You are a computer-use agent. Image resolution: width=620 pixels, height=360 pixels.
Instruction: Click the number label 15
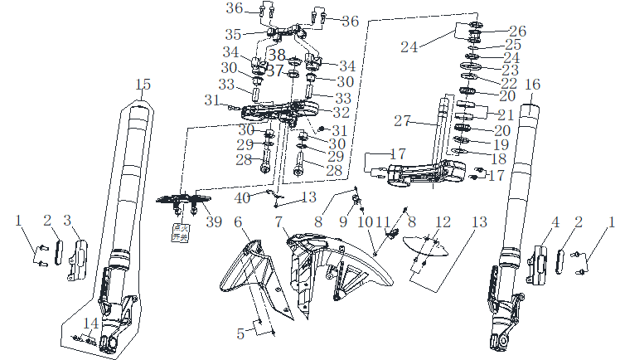click(143, 85)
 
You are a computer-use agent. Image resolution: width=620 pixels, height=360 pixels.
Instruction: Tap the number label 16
click(532, 85)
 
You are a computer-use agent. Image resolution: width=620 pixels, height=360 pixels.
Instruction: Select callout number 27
click(403, 121)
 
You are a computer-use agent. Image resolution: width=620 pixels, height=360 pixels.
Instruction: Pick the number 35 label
click(233, 35)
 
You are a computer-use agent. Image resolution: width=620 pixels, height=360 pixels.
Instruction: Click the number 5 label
click(240, 334)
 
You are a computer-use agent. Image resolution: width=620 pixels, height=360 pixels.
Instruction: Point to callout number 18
click(500, 158)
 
